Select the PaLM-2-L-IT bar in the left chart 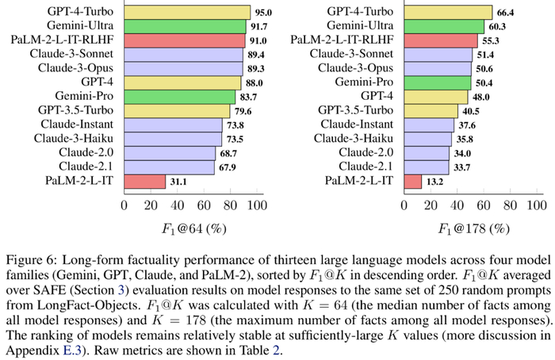[144, 182]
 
